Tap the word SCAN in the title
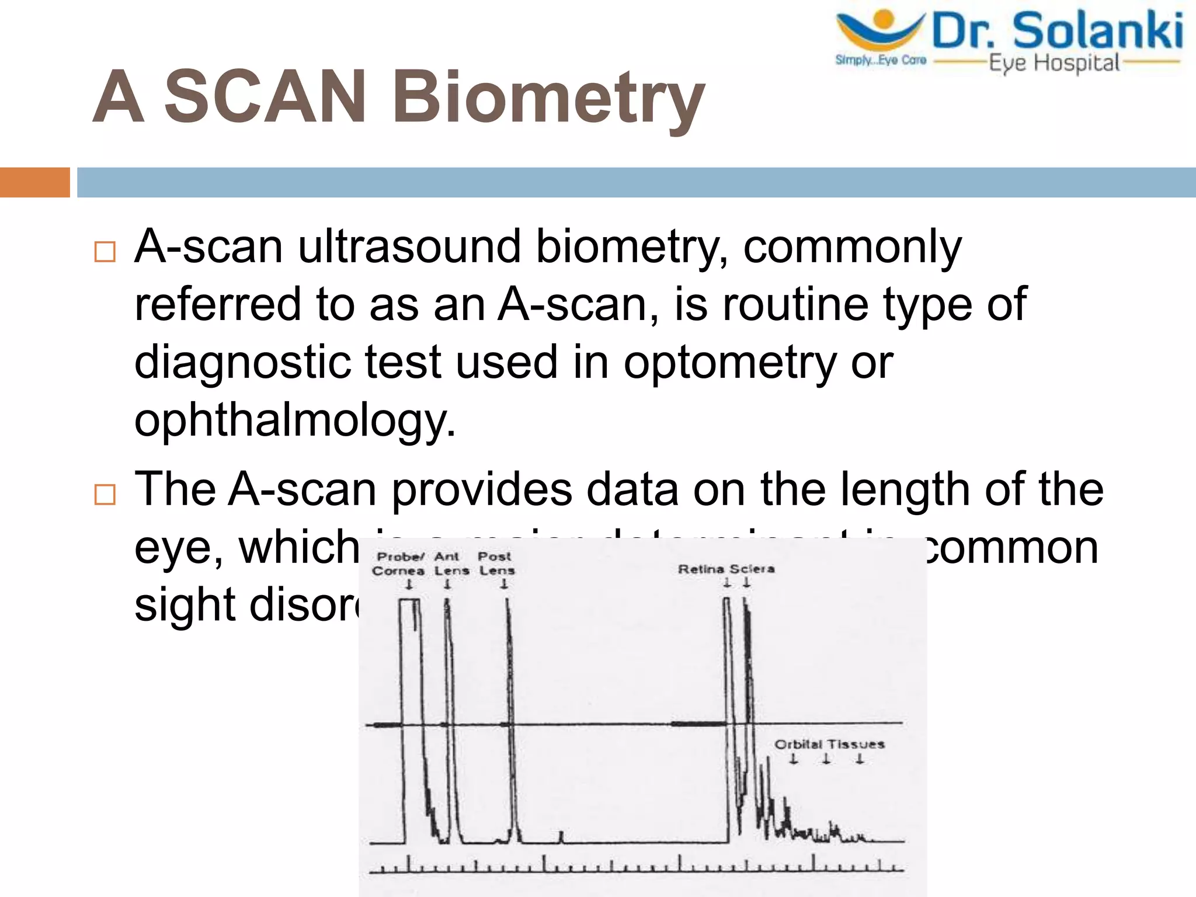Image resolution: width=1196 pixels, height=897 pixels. (x=266, y=96)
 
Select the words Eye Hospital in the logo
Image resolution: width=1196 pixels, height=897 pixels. (x=1054, y=63)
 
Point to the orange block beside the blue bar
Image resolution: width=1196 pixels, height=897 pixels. (x=34, y=182)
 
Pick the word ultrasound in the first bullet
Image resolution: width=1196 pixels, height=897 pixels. (x=409, y=246)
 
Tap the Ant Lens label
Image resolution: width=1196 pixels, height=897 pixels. (x=450, y=564)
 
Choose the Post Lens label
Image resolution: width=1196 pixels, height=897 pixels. (x=496, y=564)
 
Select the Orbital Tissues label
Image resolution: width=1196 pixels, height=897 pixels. (x=829, y=744)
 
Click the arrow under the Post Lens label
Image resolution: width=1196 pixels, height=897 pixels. (x=504, y=583)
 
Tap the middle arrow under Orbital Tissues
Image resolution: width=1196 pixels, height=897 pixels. (x=826, y=759)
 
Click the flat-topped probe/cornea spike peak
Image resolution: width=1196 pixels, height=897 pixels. (x=409, y=600)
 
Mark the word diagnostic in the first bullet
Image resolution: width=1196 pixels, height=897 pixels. (x=242, y=362)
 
